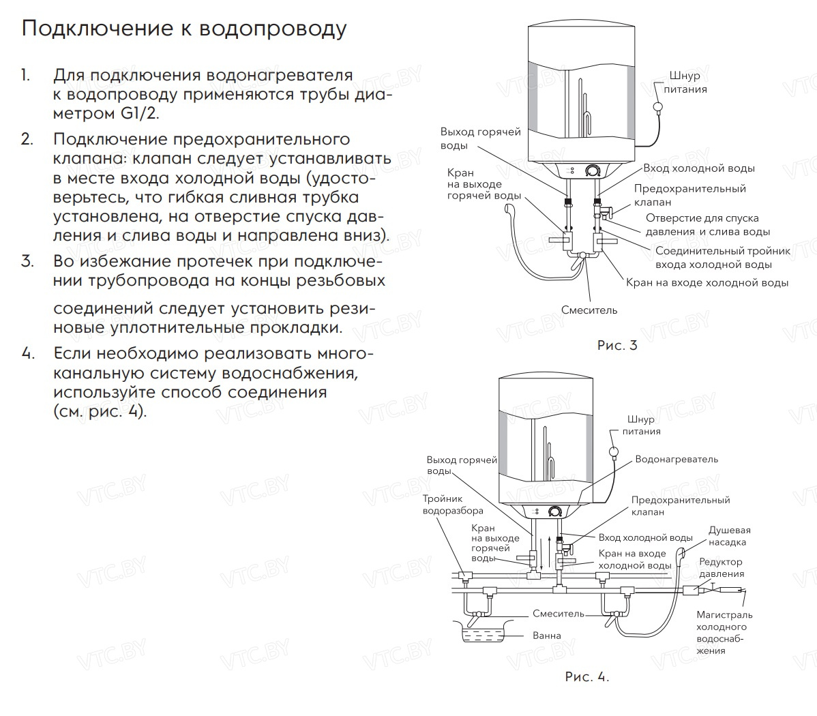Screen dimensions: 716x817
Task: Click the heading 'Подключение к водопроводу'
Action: pyautogui.click(x=184, y=29)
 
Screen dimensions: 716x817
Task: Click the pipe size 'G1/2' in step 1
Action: pyautogui.click(x=140, y=113)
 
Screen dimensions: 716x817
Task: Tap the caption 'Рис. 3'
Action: pyautogui.click(x=617, y=345)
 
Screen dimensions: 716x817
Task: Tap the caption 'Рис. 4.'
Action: pyautogui.click(x=586, y=676)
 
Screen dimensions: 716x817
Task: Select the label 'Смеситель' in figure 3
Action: pyautogui.click(x=589, y=310)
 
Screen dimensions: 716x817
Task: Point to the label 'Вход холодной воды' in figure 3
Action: pyautogui.click(x=699, y=168)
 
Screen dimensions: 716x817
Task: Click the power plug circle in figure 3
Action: pyautogui.click(x=659, y=106)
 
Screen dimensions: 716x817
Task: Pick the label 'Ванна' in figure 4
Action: pyautogui.click(x=547, y=636)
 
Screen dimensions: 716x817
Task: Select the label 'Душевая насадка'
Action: pyautogui.click(x=729, y=536)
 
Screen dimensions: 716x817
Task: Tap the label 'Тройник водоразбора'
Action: pyautogui.click(x=452, y=505)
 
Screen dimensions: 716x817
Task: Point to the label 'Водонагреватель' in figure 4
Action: pyautogui.click(x=677, y=459)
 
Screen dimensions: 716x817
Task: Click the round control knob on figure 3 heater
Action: pyautogui.click(x=593, y=168)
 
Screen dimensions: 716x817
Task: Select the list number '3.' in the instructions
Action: pyautogui.click(x=27, y=261)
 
